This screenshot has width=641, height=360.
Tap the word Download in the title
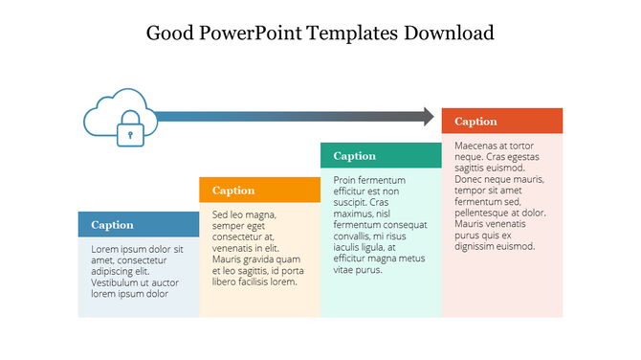click(447, 34)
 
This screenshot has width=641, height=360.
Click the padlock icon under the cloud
click(130, 132)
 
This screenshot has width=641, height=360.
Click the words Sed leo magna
click(244, 214)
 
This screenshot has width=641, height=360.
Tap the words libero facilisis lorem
click(255, 281)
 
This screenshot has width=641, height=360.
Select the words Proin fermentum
click(369, 180)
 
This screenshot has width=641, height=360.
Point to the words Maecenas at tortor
click(494, 146)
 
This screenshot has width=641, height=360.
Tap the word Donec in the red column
click(470, 179)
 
